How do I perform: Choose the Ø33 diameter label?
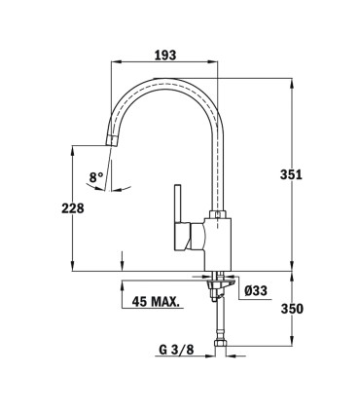(256, 290)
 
